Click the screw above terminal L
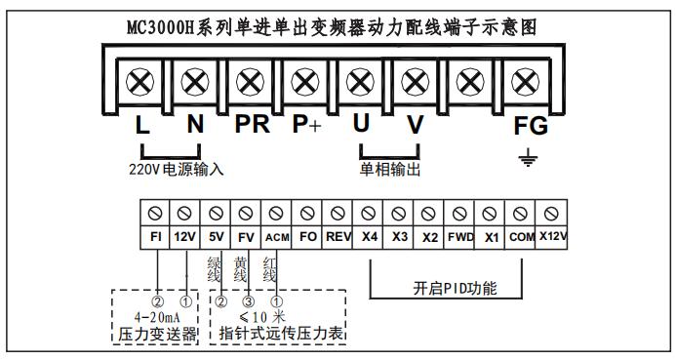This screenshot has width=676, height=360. coord(140,82)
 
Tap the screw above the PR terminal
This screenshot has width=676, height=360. coord(250,82)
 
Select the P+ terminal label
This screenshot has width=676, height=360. coord(306,124)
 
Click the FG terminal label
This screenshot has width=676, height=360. coord(531,126)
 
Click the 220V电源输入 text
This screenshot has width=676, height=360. coord(177,169)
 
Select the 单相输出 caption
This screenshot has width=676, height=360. coord(390,169)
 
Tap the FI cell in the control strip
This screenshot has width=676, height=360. coord(156,237)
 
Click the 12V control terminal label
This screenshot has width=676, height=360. coord(184,237)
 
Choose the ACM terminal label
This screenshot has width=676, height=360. coord(277,237)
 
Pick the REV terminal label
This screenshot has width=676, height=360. coord(338,237)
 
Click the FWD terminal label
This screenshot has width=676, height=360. coord(460,237)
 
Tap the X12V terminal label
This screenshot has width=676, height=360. coord(553,236)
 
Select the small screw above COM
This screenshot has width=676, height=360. coord(520,214)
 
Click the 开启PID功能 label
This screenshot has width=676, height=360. coord(455,288)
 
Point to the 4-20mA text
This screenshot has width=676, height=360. coord(157,318)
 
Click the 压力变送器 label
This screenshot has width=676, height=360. coord(157,334)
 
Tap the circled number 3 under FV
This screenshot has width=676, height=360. coord(249,301)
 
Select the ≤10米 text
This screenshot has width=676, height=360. coord(262,317)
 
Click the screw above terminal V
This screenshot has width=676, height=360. coord(416,82)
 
